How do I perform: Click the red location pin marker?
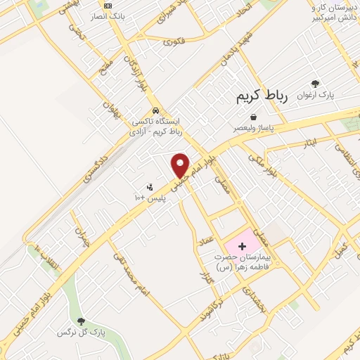click(181, 164)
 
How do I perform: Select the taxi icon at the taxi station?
click(155, 110)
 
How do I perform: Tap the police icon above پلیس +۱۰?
click(149, 187)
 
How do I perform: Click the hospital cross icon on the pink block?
click(242, 246)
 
